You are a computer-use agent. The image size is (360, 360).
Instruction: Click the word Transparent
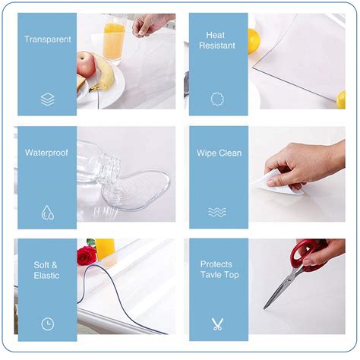pyautogui.click(x=47, y=39)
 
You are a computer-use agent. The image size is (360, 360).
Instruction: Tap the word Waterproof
pyautogui.click(x=46, y=153)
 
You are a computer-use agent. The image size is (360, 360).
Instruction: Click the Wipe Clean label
pyautogui.click(x=219, y=153)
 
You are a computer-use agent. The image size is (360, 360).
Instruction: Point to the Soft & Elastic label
pyautogui.click(x=46, y=270)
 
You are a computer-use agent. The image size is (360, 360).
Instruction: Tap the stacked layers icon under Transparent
pyautogui.click(x=47, y=99)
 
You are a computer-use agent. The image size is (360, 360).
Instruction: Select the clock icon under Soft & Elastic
pyautogui.click(x=47, y=324)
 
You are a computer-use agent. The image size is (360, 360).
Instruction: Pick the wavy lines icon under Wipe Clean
pyautogui.click(x=217, y=212)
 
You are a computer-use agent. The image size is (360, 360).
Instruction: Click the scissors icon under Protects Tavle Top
pyautogui.click(x=217, y=324)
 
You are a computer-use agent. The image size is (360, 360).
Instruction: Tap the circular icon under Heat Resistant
pyautogui.click(x=217, y=99)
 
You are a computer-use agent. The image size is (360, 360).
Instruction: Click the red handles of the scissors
pyautogui.click(x=309, y=254)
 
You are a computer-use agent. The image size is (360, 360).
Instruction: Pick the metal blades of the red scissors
pyautogui.click(x=281, y=287)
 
